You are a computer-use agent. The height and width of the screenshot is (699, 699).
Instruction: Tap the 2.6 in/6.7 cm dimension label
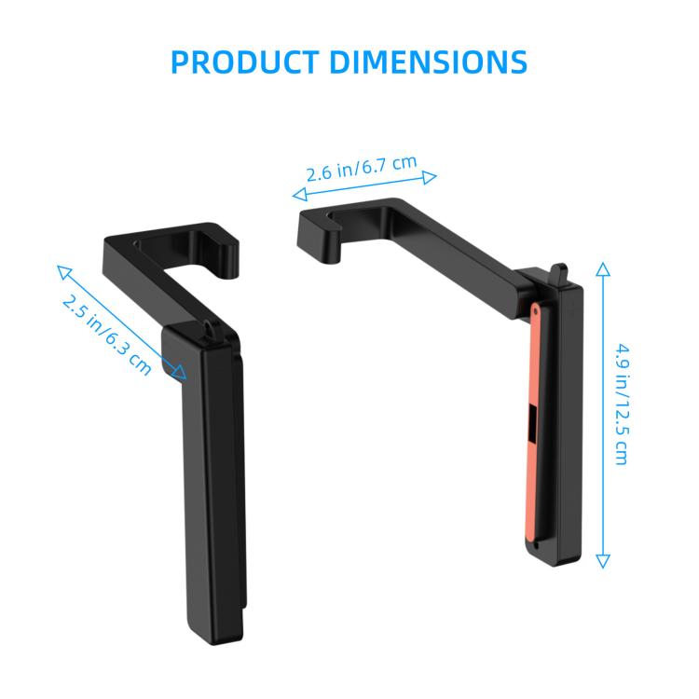click(x=362, y=169)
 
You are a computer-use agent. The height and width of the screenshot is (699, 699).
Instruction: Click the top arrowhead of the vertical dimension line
click(x=602, y=270)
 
